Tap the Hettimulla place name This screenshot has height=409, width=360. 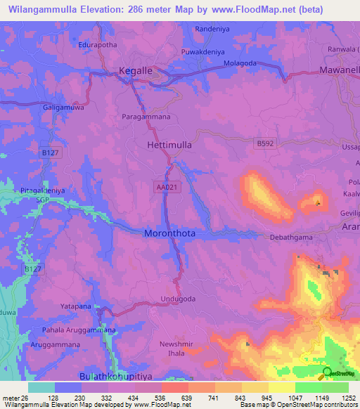click(x=169, y=145)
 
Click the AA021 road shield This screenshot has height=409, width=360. click(x=165, y=187)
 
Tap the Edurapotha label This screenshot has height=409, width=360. click(x=98, y=44)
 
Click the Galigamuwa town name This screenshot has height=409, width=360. click(x=49, y=105)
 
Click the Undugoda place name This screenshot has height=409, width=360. click(x=198, y=299)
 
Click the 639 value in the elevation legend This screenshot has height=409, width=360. click(x=188, y=397)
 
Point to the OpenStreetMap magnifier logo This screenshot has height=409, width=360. click(x=326, y=372)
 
